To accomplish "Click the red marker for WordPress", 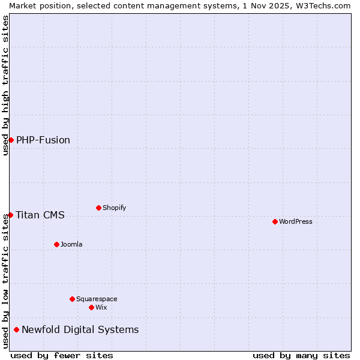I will pyautogui.click(x=275, y=221).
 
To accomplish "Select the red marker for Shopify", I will pyautogui.click(x=98, y=208).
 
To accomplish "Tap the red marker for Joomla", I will pyautogui.click(x=56, y=244).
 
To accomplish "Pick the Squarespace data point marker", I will pyautogui.click(x=72, y=299).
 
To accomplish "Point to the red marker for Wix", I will pyautogui.click(x=91, y=307).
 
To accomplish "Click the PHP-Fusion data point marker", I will pyautogui.click(x=11, y=140).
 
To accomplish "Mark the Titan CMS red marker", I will pyautogui.click(x=10, y=215).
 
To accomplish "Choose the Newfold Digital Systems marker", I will pyautogui.click(x=16, y=329).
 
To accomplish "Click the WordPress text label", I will pyautogui.click(x=296, y=221).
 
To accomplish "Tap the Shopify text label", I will pyautogui.click(x=115, y=208).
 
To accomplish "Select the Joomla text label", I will pyautogui.click(x=71, y=244).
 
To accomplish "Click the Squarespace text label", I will pyautogui.click(x=97, y=299).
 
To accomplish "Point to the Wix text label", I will pyautogui.click(x=101, y=307).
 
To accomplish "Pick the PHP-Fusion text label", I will pyautogui.click(x=43, y=140).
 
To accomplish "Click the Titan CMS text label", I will pyautogui.click(x=40, y=215).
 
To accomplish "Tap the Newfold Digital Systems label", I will pyautogui.click(x=80, y=329).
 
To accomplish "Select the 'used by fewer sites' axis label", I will pyautogui.click(x=62, y=355).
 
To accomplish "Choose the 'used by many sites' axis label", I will pyautogui.click(x=301, y=355).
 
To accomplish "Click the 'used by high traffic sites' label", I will pyautogui.click(x=5, y=85).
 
